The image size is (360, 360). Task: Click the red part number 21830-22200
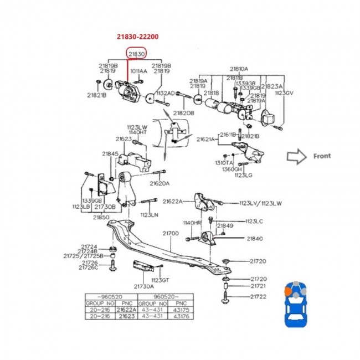point(137,37)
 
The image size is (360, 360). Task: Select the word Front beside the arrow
point(322,156)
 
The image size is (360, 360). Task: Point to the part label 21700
point(170,234)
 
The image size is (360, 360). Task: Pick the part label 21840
point(255,238)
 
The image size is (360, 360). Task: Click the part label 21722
point(259,297)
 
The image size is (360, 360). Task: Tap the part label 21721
point(259,287)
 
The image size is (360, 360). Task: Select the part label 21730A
point(143,286)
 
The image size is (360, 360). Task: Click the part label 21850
point(101,217)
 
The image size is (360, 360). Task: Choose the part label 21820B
point(183,113)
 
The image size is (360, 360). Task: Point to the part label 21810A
point(239,69)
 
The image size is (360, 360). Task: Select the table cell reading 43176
point(182,317)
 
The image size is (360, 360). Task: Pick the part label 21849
point(225,225)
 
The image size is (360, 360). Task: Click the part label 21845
point(110,153)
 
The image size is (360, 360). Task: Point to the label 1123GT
point(161,280)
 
